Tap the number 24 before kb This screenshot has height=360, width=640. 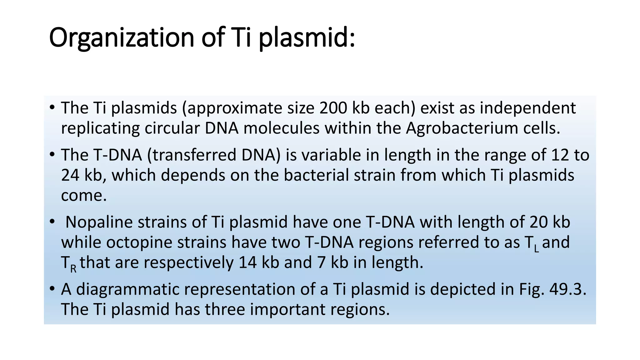click(70, 175)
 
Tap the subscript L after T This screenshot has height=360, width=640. click(536, 248)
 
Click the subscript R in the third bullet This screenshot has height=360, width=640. click(73, 269)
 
